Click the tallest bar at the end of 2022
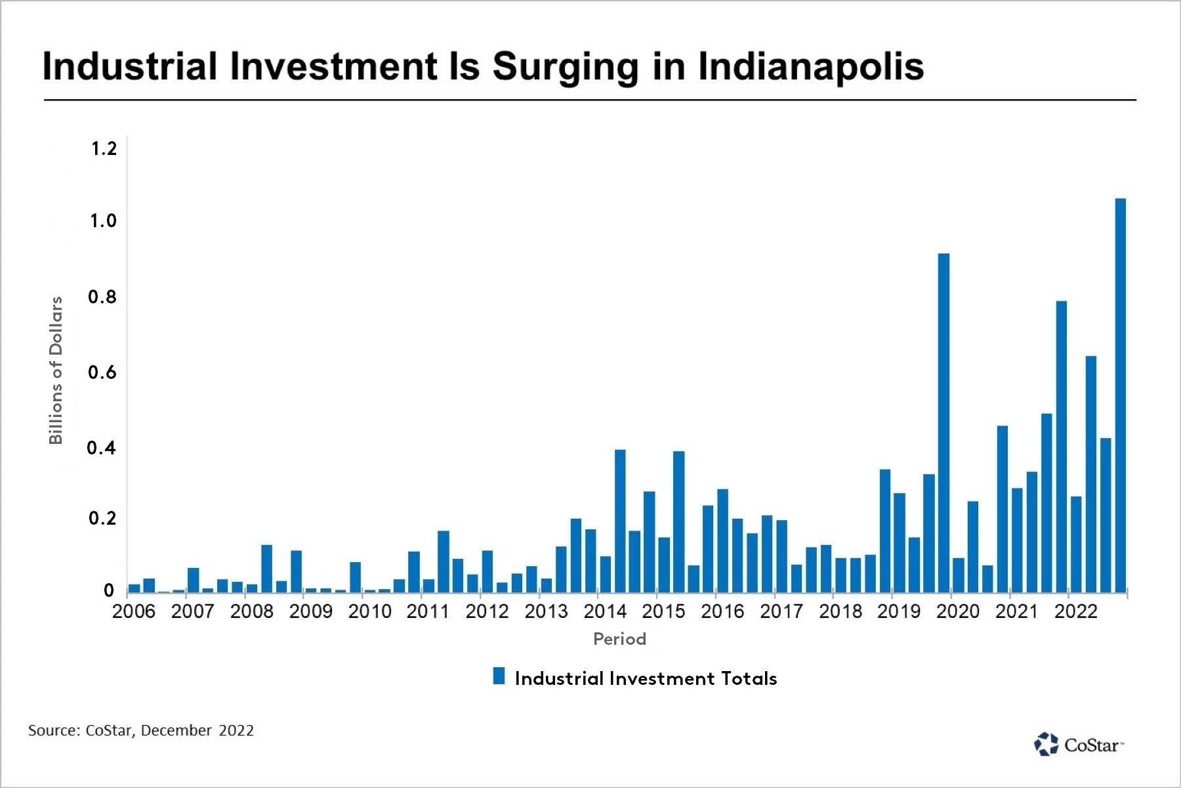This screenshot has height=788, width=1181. [x=1120, y=394]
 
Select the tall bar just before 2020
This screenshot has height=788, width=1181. [x=943, y=420]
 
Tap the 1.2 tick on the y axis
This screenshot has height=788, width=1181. [x=104, y=149]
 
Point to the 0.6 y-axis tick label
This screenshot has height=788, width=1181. [x=102, y=372]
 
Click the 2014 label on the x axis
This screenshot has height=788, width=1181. [x=604, y=611]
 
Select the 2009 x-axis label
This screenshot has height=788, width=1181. [x=310, y=611]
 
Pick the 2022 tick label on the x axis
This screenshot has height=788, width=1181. [x=1075, y=611]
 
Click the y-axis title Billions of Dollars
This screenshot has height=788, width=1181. [x=56, y=370]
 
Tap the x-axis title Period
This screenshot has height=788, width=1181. [x=619, y=639]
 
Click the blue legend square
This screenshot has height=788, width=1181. [x=499, y=676]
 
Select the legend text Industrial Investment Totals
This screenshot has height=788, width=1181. [x=646, y=678]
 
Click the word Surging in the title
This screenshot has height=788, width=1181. [x=565, y=67]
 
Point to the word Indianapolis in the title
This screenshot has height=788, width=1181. [x=810, y=67]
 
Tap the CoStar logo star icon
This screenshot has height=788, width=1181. [x=1046, y=744]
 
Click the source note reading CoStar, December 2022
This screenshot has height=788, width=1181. [x=140, y=730]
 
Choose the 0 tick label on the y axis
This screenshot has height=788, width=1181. [x=109, y=590]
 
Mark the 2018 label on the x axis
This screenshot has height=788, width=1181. [x=840, y=611]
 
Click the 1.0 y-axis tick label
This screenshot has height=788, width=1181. [x=103, y=221]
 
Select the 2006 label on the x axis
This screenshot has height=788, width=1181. [x=134, y=611]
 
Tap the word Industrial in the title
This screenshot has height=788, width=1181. [x=129, y=67]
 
